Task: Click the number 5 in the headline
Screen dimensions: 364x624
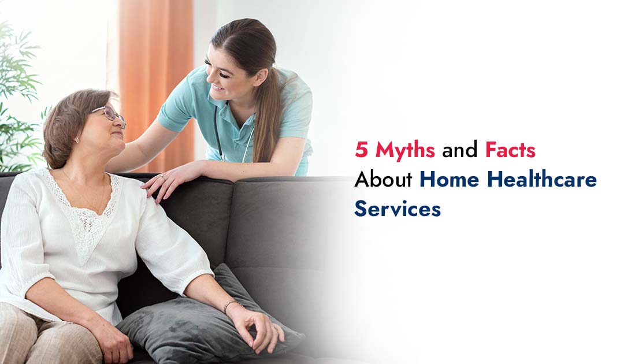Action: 362,151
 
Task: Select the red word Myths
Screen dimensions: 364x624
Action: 405,151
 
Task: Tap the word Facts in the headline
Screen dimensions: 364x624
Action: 510,151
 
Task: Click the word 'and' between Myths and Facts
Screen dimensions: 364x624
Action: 460,151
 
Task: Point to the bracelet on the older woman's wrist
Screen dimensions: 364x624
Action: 231,303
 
